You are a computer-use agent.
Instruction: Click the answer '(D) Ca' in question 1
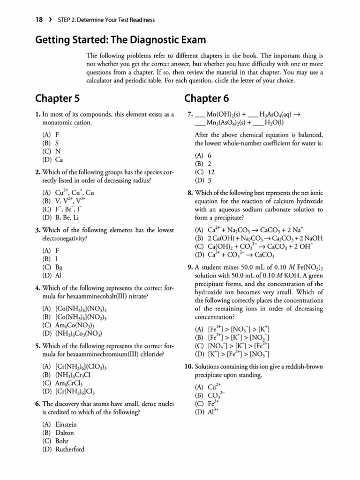[53, 159]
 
